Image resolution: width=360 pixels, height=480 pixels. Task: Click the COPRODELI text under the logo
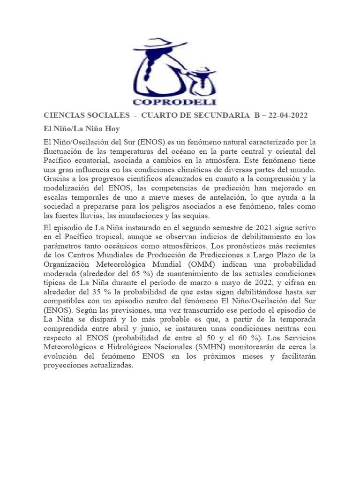click(174, 101)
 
